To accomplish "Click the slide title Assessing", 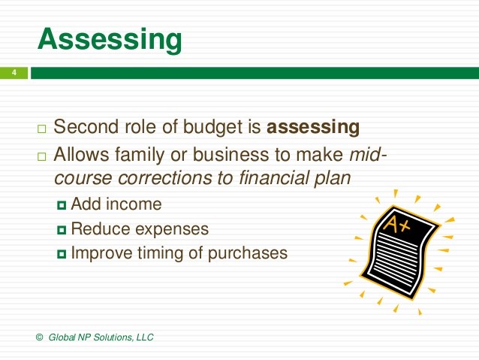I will point(109,38).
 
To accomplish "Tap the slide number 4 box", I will point(14,73).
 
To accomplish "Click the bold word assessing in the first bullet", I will point(313,127).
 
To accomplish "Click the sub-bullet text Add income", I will point(116,204).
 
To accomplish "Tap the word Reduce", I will point(98,228).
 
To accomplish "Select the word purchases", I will point(249,253).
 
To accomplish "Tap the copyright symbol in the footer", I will point(39,337).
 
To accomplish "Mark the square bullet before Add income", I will point(62,204).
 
